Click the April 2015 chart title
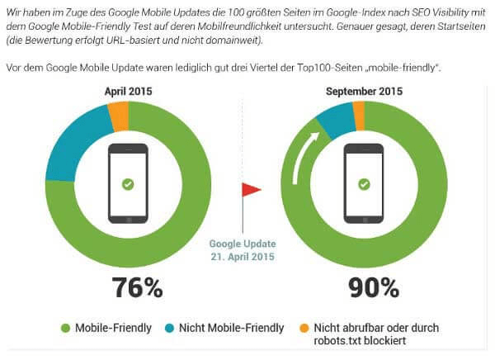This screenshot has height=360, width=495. point(128,92)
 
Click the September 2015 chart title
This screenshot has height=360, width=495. point(364,92)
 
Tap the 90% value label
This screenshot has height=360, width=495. point(364,287)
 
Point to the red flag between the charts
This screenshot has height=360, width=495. point(251,190)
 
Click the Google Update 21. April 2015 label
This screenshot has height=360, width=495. point(243,250)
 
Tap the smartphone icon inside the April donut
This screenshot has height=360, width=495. point(128,183)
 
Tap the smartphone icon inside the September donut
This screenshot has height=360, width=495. point(364,183)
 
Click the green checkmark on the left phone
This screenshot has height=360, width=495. point(128,184)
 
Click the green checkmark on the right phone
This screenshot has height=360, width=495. point(364,184)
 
